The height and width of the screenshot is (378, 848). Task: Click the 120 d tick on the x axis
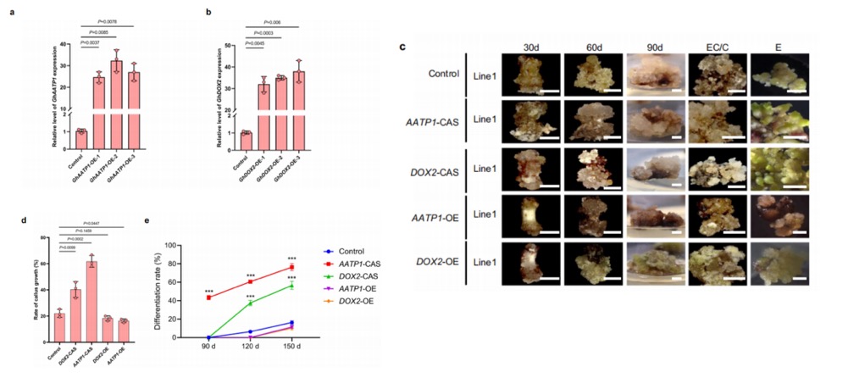249,346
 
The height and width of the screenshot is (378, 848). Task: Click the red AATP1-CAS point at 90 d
208,297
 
